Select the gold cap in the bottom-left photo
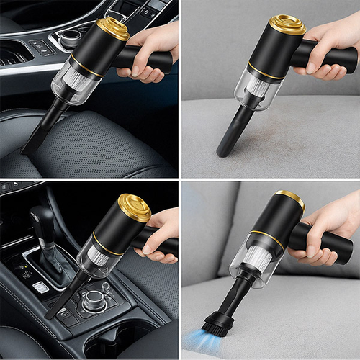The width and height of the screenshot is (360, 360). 134,207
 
